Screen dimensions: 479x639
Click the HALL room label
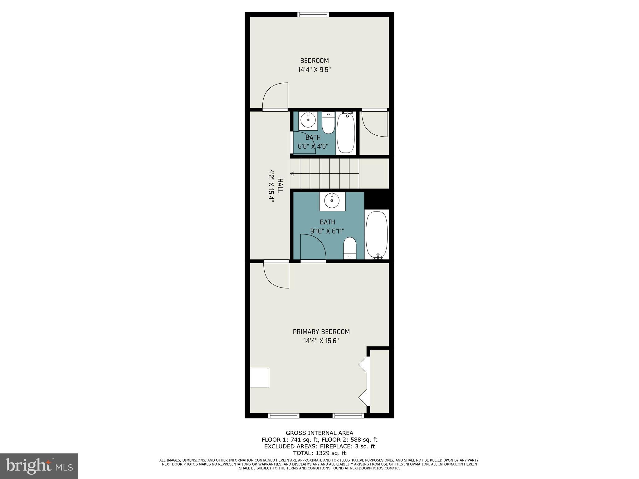pyautogui.click(x=280, y=186)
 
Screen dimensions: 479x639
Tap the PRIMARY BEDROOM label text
pyautogui.click(x=321, y=332)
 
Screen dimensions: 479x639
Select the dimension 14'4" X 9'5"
pyautogui.click(x=314, y=70)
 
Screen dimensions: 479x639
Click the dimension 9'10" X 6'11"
pyautogui.click(x=327, y=231)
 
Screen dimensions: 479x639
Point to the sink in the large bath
pyautogui.click(x=332, y=201)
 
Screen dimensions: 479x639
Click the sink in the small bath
pyautogui.click(x=308, y=120)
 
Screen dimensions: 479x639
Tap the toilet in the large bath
pyautogui.click(x=350, y=248)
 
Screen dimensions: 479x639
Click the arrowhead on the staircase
pyautogui.click(x=292, y=173)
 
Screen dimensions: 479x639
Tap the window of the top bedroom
pyautogui.click(x=313, y=14)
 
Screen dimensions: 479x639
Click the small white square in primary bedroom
pyautogui.click(x=259, y=377)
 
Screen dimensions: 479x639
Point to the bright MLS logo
pyautogui.click(x=39, y=466)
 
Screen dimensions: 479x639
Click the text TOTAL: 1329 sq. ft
pyautogui.click(x=319, y=453)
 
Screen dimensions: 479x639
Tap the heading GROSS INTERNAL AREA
pyautogui.click(x=319, y=433)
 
